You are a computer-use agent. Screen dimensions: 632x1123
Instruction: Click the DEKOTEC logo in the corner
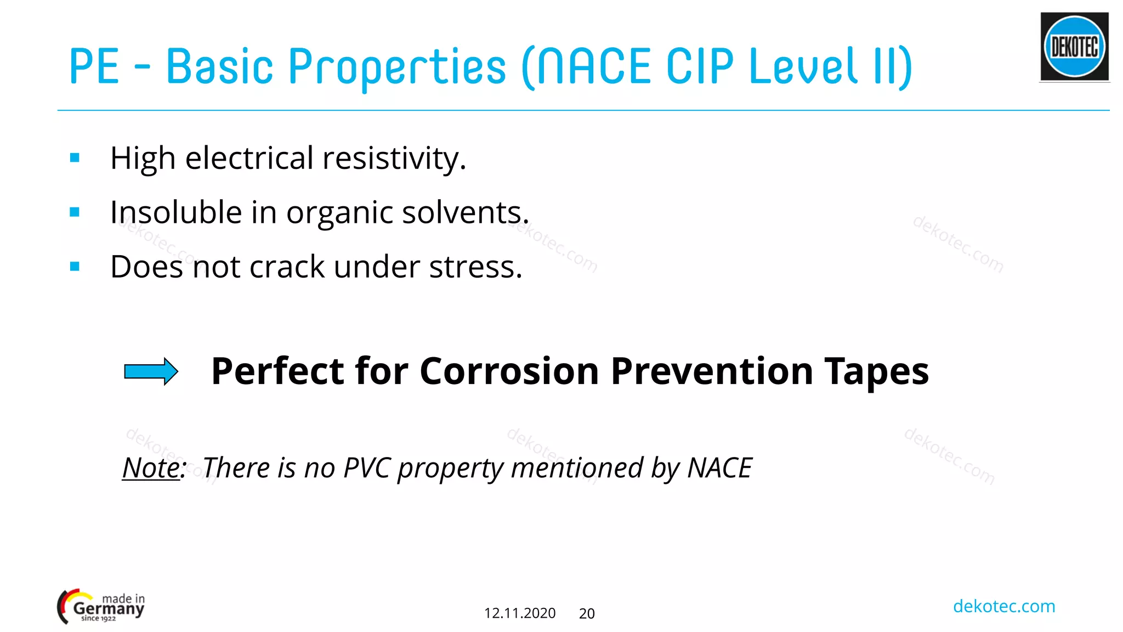[x=1074, y=47]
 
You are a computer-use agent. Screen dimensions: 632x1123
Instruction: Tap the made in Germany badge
[x=101, y=607]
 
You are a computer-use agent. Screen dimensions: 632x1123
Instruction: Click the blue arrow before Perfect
[x=151, y=371]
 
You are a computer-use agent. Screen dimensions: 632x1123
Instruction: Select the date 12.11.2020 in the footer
[x=519, y=613]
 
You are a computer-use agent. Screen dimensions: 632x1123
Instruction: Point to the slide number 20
[x=587, y=613]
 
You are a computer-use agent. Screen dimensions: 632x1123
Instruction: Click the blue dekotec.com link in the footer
[x=1003, y=606]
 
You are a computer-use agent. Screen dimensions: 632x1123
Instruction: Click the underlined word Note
[x=151, y=468]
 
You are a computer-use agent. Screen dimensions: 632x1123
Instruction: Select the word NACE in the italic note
[x=719, y=468]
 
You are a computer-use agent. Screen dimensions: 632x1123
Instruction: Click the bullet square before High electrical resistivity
[x=75, y=159]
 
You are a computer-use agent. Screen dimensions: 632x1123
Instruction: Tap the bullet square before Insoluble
[x=75, y=212]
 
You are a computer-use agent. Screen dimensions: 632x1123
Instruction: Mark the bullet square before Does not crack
[x=75, y=267]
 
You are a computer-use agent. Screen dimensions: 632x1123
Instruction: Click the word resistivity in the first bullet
[x=394, y=159]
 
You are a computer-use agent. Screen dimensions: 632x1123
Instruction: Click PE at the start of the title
[x=94, y=66]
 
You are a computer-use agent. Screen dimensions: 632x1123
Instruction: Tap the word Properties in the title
[x=397, y=66]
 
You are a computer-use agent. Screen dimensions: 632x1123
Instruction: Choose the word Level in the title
[x=803, y=66]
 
